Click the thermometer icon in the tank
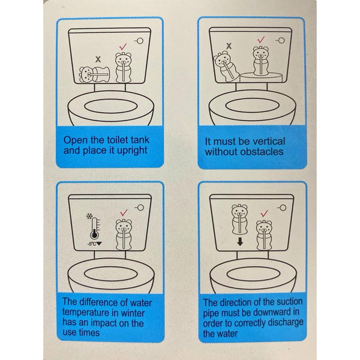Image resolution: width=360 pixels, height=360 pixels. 95,228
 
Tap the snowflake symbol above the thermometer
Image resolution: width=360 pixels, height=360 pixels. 89,216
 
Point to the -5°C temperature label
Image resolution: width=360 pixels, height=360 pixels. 95,244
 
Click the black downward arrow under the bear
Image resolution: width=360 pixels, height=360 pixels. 240,242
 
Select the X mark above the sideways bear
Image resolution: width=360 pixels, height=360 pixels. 98,59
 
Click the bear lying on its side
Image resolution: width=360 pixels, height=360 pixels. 94,74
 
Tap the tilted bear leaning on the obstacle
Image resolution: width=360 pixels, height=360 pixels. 225,67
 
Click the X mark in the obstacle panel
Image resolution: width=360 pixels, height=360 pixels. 229,46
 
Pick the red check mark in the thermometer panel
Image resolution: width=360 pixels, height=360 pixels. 124,212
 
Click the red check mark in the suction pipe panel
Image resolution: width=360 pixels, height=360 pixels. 264,213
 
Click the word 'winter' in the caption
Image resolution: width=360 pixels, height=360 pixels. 133,313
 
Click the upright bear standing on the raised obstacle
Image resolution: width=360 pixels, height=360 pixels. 260,61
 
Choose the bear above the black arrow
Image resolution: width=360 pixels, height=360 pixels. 239,219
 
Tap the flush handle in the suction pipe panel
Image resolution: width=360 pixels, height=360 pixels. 281,208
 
